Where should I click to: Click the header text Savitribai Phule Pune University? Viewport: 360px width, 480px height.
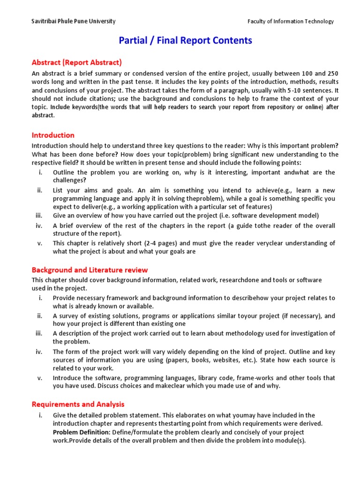pos(74,22)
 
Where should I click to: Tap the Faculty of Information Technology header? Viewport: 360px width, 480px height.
pos(291,22)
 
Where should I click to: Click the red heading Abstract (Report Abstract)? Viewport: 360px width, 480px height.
pos(76,62)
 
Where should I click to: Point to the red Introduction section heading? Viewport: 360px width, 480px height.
pos(53,135)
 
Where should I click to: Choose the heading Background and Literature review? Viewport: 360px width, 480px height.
pos(90,270)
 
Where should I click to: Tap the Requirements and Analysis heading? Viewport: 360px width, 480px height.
pos(78,404)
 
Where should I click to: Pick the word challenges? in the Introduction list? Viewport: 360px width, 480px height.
pos(69,180)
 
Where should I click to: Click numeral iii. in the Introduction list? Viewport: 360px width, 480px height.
pos(39,216)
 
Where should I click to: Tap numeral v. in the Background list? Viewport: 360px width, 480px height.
pos(40,378)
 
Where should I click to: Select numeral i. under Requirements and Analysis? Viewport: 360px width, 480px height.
pos(41,415)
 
